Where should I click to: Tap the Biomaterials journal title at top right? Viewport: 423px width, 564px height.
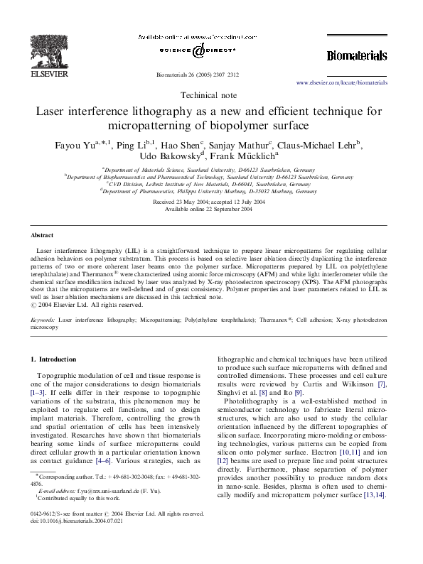(356, 55)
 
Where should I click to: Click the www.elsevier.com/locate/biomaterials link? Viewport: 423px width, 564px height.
(341, 83)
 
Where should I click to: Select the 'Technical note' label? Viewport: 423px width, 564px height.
(210, 95)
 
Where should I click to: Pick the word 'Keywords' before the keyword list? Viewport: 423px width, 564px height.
(43, 320)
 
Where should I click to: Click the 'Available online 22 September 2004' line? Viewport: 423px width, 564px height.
(211, 210)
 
